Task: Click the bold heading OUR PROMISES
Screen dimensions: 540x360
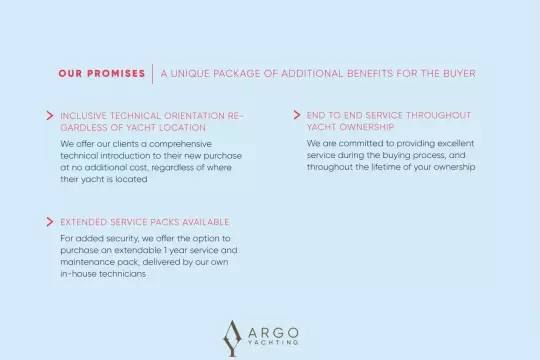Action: pos(102,73)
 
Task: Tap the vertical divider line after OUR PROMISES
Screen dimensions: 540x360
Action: pos(153,73)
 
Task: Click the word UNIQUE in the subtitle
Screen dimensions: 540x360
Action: pos(190,74)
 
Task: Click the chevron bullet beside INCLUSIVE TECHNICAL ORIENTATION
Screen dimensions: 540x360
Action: pos(50,115)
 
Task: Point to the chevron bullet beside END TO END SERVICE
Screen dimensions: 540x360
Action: pos(297,115)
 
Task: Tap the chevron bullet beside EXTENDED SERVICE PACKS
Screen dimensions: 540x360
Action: pos(50,222)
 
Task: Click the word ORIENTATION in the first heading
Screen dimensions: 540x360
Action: pos(195,116)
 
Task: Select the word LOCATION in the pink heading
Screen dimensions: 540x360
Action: pos(183,127)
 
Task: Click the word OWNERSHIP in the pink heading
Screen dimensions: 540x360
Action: pos(367,127)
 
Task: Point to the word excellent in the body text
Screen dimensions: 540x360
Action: pos(456,143)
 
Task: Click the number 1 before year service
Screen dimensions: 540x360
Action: pos(165,250)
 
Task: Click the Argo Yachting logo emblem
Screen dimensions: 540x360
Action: pos(232,338)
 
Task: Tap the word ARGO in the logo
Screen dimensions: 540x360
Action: pos(273,333)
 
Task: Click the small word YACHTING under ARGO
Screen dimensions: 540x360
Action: pos(273,342)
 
